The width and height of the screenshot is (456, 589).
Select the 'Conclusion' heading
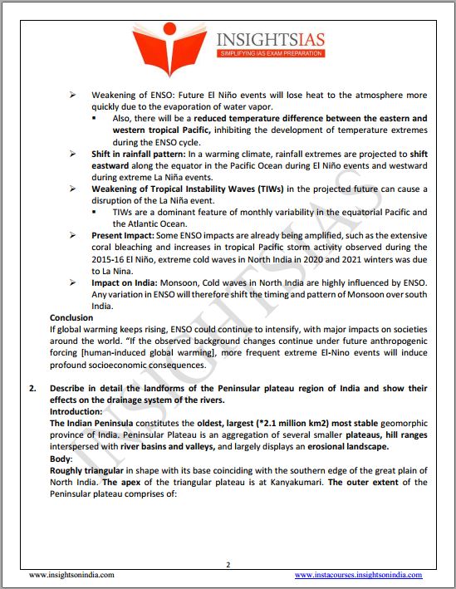point(71,318)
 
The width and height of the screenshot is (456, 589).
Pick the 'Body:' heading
point(61,459)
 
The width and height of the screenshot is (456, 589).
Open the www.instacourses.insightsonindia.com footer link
point(358,574)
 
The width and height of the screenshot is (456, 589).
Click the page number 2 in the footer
point(228,565)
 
